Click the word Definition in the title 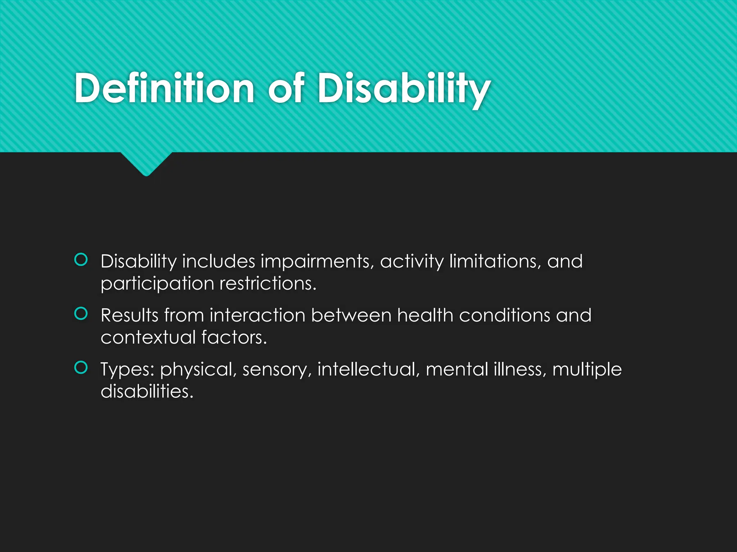164,88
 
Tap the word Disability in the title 403,88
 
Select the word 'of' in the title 286,88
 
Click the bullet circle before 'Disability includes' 81,259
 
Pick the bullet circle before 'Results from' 81,313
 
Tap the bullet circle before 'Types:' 81,367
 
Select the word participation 157,284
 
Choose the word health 425,315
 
